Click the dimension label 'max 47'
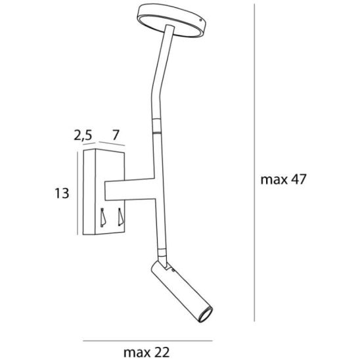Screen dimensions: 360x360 coord(283,179)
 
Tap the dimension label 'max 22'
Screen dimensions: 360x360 coord(146,352)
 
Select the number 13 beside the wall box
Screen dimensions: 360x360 coord(62,193)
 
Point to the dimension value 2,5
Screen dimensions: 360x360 coord(83,135)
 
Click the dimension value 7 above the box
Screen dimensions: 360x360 coord(116,135)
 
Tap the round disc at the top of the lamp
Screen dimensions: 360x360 coord(171,20)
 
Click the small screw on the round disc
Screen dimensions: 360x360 coord(201,20)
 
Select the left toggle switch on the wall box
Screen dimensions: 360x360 coord(102,217)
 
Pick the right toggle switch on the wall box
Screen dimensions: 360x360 coord(120,217)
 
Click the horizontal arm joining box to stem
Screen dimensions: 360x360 coord(129,189)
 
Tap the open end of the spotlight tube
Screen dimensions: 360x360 coord(206,314)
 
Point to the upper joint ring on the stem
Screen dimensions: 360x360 coord(156,126)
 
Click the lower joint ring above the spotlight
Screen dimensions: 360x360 coord(162,252)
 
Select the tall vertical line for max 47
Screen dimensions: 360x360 coord(254,162)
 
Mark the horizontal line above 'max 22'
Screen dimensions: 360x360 coord(148,341)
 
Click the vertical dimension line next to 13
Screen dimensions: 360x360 coord(78,193)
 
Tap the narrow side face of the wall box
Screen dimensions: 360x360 coord(89,192)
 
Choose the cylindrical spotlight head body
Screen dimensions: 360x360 coord(181,291)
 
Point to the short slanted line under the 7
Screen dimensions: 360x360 coord(112,144)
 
